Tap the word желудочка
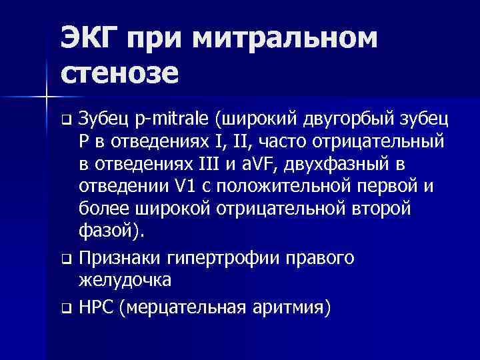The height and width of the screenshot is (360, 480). coord(125,279)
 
